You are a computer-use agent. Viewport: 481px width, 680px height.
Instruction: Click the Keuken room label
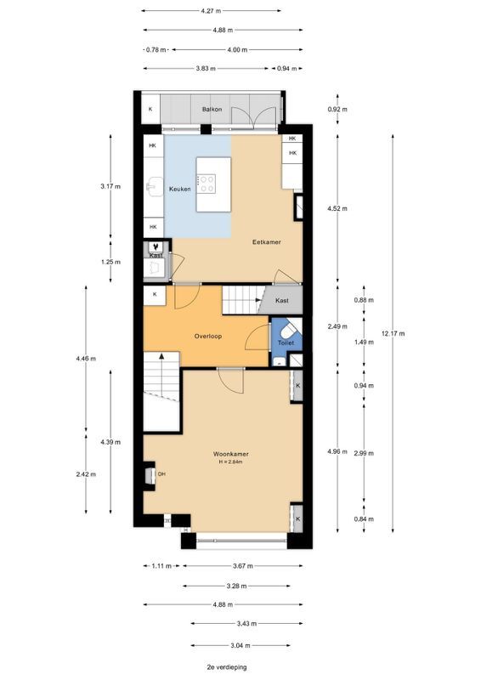pyautogui.click(x=179, y=189)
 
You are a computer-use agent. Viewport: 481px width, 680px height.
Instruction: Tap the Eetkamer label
pyautogui.click(x=266, y=242)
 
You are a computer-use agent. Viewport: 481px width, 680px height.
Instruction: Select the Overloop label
pyautogui.click(x=207, y=336)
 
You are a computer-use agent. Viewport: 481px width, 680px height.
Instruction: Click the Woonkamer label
pyautogui.click(x=231, y=454)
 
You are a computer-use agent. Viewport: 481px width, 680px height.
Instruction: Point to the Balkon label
pyautogui.click(x=212, y=110)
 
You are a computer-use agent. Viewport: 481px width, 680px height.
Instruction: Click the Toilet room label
pyautogui.click(x=286, y=343)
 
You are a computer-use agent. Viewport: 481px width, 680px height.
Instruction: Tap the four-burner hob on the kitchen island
pyautogui.click(x=207, y=184)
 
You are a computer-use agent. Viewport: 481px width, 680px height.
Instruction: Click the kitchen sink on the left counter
pyautogui.click(x=154, y=186)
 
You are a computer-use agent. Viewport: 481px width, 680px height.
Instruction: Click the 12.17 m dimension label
pyautogui.click(x=393, y=333)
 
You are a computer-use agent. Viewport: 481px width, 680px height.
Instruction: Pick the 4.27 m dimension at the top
pyautogui.click(x=212, y=11)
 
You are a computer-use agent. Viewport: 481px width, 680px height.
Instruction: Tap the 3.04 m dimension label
pyautogui.click(x=240, y=645)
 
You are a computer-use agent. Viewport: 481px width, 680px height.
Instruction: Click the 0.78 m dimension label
pyautogui.click(x=156, y=50)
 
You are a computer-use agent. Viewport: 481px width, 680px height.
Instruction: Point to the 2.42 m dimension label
pyautogui.click(x=86, y=474)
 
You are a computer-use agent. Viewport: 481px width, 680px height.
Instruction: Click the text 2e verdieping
pyautogui.click(x=227, y=667)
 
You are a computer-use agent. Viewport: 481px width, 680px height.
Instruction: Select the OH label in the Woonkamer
pyautogui.click(x=161, y=474)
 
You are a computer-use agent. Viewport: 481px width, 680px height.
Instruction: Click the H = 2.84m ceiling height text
pyautogui.click(x=230, y=462)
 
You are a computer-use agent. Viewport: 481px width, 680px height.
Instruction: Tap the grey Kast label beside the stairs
pyautogui.click(x=282, y=300)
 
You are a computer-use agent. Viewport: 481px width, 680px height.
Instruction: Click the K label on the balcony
pyautogui.click(x=150, y=110)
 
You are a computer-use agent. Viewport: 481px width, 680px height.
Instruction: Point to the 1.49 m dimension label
pyautogui.click(x=364, y=343)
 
